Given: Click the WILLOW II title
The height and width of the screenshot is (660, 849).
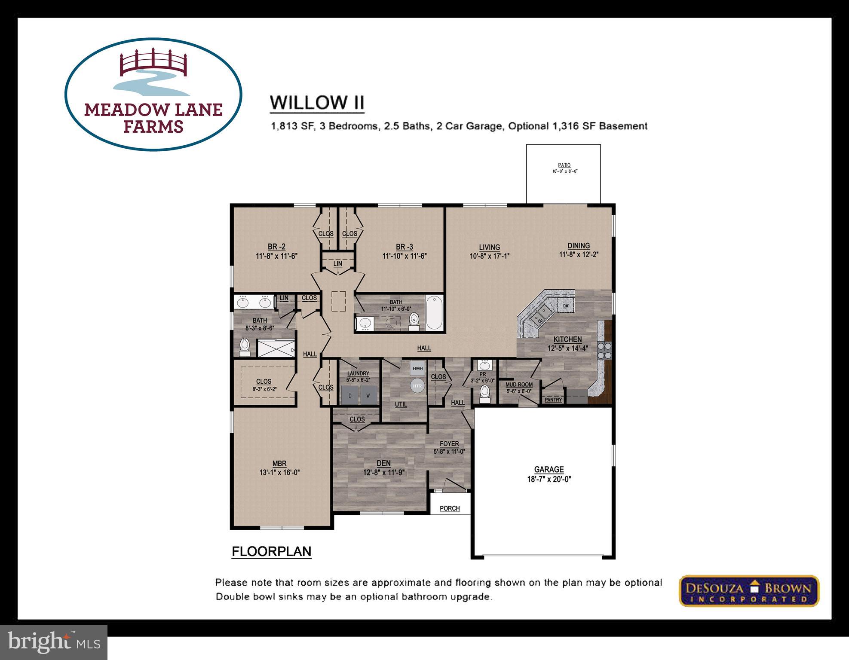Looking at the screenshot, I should pos(317,103).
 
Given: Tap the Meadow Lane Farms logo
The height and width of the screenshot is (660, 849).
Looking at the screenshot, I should pos(153,95).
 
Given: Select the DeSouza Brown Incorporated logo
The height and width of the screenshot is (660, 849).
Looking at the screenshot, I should pos(749,591).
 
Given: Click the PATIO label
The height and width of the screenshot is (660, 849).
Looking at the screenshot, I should pos(564,165).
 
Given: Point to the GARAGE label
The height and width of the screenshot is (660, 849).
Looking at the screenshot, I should pos(549,470).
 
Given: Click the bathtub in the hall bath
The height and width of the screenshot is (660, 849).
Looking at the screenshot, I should pos(434,312).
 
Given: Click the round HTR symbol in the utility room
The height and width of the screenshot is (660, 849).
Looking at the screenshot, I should pos(417,386).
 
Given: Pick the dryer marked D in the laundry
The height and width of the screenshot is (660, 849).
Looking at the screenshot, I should pos(350,395).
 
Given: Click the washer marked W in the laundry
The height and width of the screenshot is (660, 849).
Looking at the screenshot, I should pos(368,395).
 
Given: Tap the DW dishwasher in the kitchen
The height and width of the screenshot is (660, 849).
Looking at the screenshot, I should pos(566,306).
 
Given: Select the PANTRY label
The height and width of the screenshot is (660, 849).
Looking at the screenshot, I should pos(553,400).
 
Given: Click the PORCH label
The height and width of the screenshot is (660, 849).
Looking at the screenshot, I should pos(450,508).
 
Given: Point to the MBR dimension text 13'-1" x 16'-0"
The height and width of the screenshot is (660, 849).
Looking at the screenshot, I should pos(279,472).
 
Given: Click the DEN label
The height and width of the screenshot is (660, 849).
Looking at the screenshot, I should pos(383,463).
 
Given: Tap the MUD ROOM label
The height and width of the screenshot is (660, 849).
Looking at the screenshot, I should pos(519,385).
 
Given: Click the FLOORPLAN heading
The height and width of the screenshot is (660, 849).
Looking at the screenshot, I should pos(271,552).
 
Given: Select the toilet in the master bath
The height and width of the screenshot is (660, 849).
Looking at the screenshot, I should pos(244,346).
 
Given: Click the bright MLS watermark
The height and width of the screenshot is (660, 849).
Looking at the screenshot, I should pos(54,642).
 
